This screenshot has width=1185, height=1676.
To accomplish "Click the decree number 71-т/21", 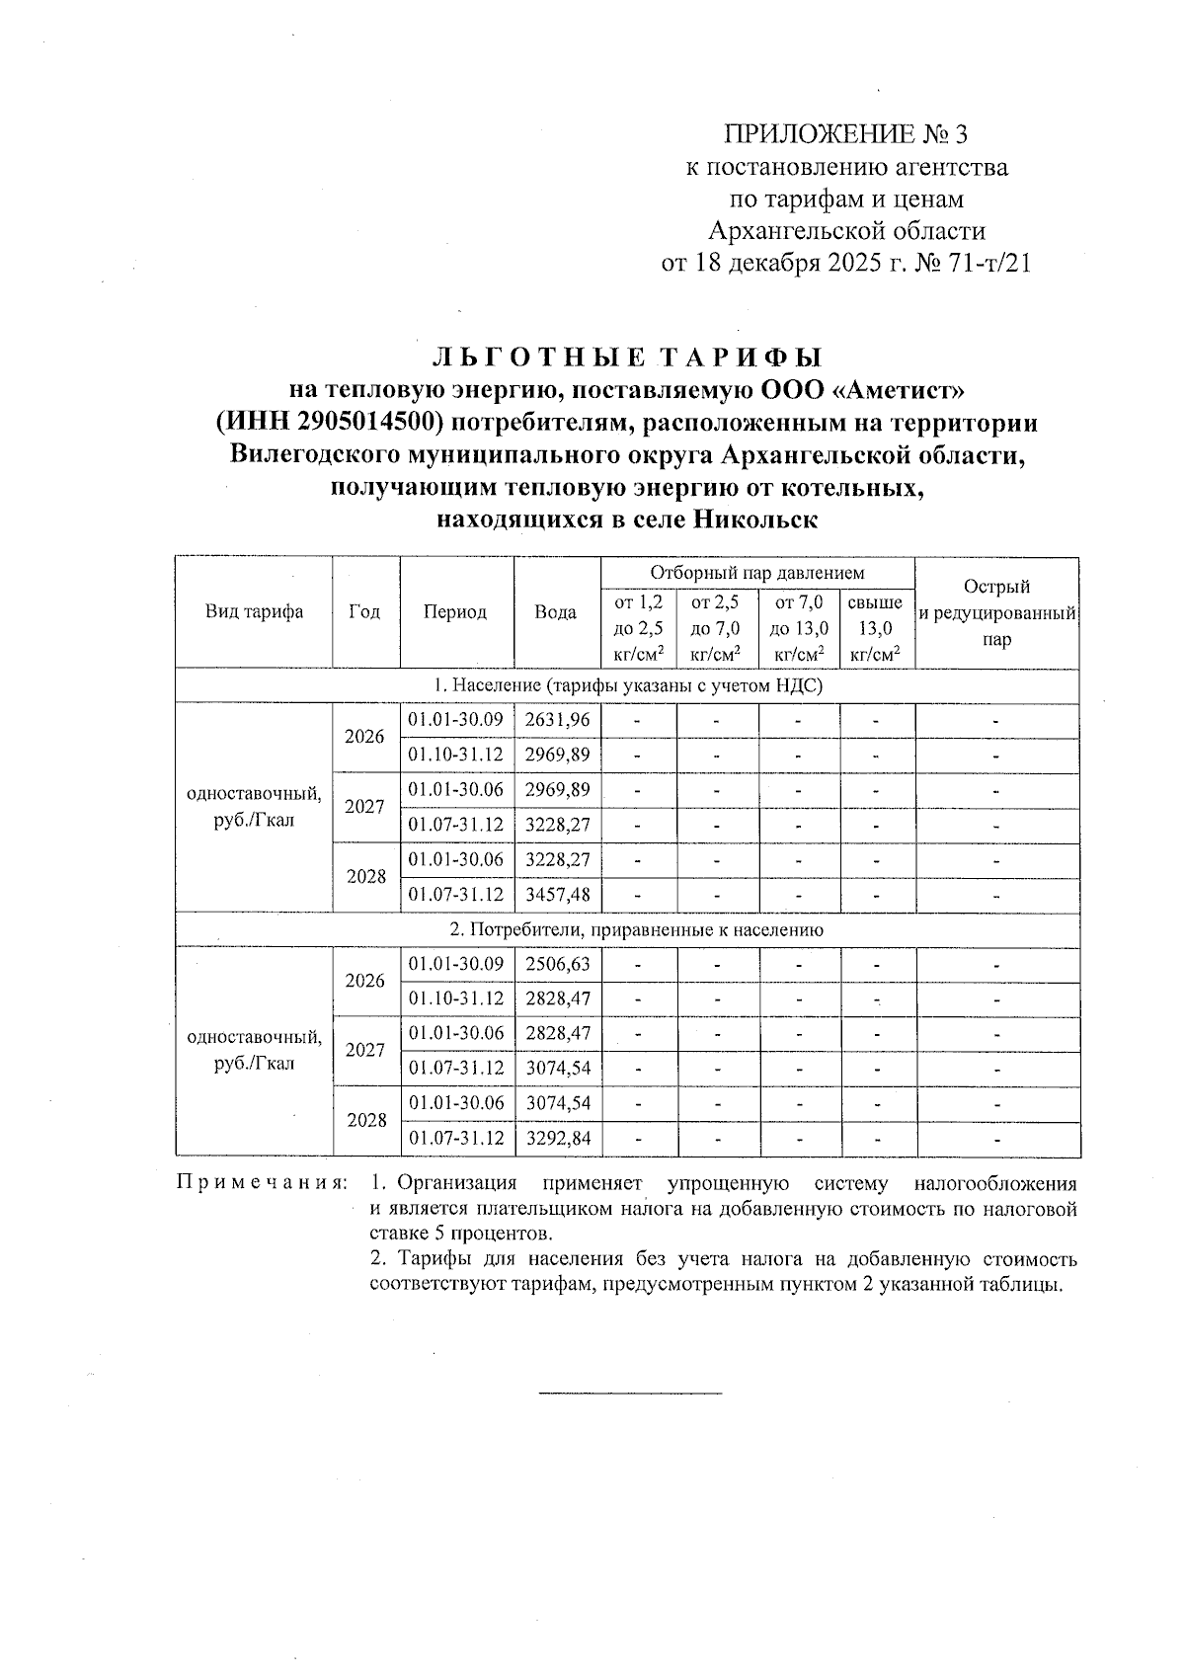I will [x=987, y=264].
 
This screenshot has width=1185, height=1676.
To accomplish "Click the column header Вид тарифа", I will [x=254, y=611].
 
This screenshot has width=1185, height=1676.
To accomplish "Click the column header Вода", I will [x=555, y=611].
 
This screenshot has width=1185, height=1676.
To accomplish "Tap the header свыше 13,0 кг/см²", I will [x=875, y=628].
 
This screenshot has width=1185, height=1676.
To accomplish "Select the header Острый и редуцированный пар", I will [x=996, y=613].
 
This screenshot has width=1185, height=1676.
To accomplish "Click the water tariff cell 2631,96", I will [x=557, y=720].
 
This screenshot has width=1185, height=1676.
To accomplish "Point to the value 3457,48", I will [x=557, y=895].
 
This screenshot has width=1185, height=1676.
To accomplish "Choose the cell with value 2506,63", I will [x=557, y=964].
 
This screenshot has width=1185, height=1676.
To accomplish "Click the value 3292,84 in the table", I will [x=557, y=1139].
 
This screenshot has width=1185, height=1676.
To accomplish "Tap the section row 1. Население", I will [x=627, y=685].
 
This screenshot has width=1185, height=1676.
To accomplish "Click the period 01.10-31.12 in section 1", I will [x=456, y=756].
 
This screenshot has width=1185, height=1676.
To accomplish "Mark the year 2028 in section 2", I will [x=366, y=1121].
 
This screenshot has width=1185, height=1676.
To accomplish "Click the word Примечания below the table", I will [x=261, y=1182].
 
